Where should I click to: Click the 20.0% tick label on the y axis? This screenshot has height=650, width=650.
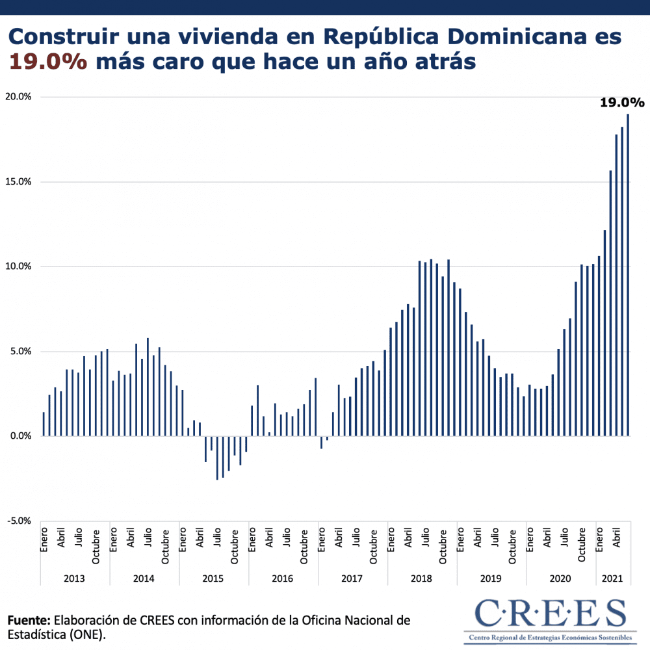(x=18, y=97)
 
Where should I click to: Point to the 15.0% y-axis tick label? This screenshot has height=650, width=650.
(x=18, y=182)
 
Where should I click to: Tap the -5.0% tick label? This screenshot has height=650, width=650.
(x=18, y=521)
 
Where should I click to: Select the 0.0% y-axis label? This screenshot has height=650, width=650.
(x=19, y=436)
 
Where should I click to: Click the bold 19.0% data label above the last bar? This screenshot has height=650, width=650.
(x=621, y=103)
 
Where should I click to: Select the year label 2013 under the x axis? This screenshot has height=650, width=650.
(x=75, y=578)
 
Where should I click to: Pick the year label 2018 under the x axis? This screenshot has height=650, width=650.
(x=422, y=578)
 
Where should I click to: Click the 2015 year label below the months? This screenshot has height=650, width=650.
(x=214, y=578)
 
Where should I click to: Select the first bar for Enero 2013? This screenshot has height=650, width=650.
(x=44, y=424)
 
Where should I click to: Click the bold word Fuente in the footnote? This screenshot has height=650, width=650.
(x=29, y=620)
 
